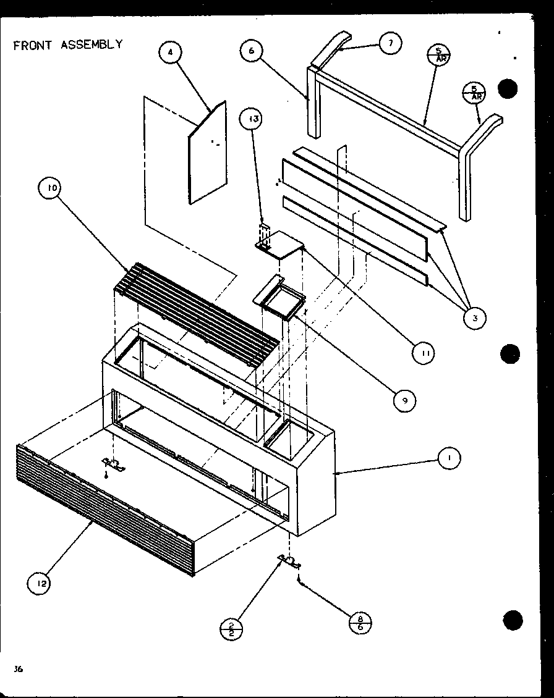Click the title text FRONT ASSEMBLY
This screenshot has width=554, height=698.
68,44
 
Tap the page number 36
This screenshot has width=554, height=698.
19,669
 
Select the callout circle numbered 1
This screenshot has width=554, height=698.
449,458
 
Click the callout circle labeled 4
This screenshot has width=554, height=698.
171,53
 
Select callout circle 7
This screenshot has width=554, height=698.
390,43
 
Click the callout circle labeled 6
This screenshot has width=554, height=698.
252,51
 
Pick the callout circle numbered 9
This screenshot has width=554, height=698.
406,401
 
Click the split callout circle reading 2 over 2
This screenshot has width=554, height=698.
231,628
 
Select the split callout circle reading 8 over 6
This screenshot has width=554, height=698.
360,622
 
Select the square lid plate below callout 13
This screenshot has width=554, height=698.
280,246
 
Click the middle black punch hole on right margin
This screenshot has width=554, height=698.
511,354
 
